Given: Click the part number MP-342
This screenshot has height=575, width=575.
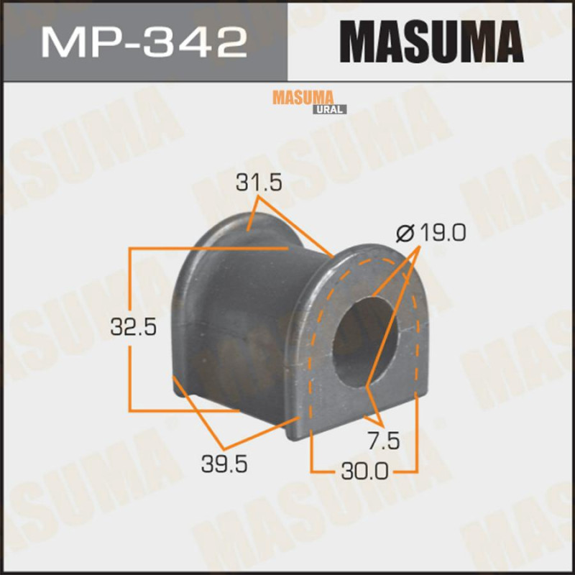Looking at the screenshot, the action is (144, 43).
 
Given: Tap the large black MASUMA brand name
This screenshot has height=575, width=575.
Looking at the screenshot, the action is (432, 42).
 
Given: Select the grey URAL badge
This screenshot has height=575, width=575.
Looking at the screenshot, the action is (329, 109).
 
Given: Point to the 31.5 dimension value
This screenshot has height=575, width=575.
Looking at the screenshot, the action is (259, 183).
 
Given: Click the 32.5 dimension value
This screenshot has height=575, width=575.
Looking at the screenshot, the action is (134, 328).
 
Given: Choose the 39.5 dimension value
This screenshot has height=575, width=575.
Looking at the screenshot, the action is (224, 465).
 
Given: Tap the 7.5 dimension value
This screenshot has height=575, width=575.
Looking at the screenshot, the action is (384, 441).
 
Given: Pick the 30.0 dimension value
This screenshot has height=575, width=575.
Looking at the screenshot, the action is (364, 471).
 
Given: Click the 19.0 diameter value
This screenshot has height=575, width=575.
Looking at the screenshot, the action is (443, 233).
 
